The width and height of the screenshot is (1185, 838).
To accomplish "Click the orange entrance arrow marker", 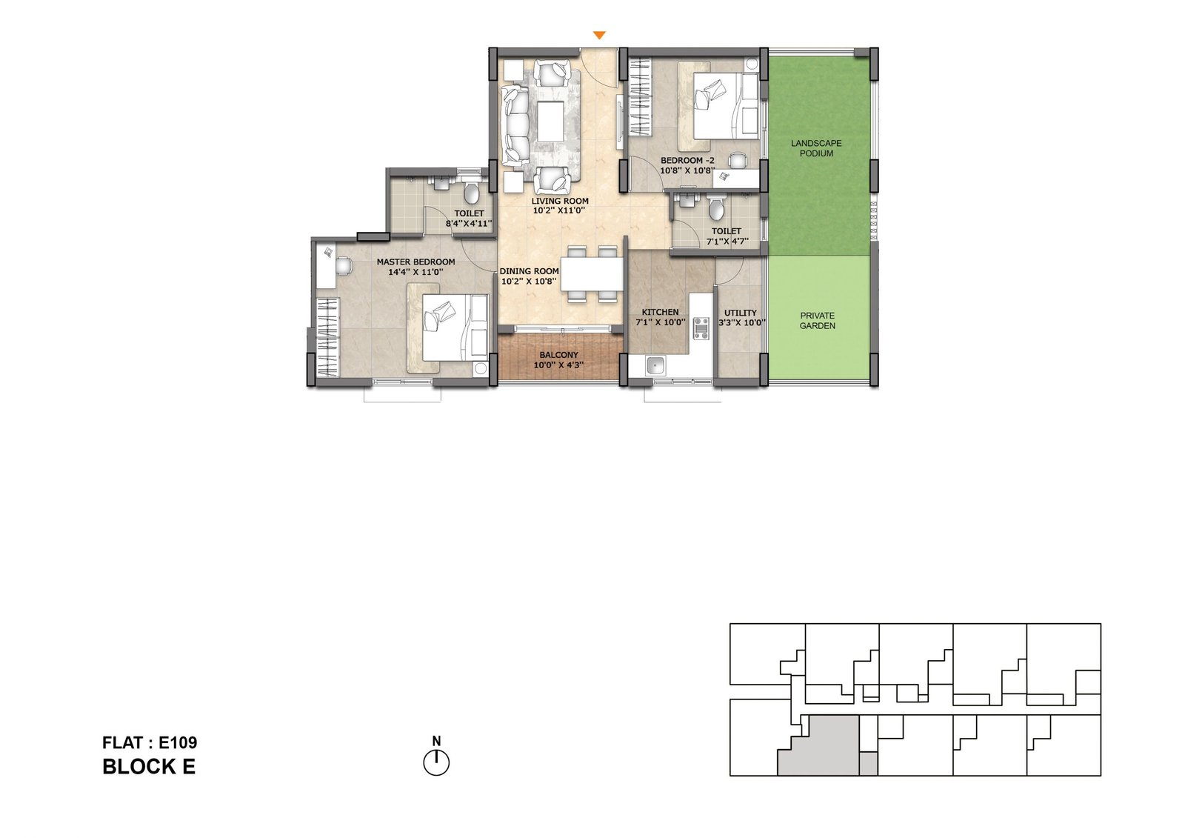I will pyautogui.click(x=600, y=36).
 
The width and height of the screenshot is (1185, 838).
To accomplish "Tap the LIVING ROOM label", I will pyautogui.click(x=560, y=202).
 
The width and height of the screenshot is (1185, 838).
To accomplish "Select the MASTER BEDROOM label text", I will pyautogui.click(x=415, y=262).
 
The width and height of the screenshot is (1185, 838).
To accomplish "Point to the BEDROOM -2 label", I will pyautogui.click(x=687, y=161).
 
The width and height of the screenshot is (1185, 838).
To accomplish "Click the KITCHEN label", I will pyautogui.click(x=660, y=313).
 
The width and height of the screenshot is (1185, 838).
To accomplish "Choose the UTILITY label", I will pyautogui.click(x=740, y=313).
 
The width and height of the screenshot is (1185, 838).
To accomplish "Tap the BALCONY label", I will pyautogui.click(x=558, y=356).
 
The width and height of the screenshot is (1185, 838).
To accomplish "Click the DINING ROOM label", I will pyautogui.click(x=529, y=272).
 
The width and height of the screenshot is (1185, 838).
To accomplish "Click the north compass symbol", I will pyautogui.click(x=436, y=762).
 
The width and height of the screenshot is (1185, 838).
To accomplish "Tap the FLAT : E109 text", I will pyautogui.click(x=150, y=742).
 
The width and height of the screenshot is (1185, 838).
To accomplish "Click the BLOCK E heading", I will pyautogui.click(x=149, y=767).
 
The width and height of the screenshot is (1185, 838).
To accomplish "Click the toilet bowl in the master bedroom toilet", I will pyautogui.click(x=471, y=194).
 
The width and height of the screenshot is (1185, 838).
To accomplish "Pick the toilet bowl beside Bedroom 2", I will pyautogui.click(x=715, y=210).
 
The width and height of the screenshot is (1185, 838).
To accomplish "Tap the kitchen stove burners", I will pyautogui.click(x=701, y=328).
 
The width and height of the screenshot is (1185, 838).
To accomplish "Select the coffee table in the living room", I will pyautogui.click(x=550, y=122).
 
